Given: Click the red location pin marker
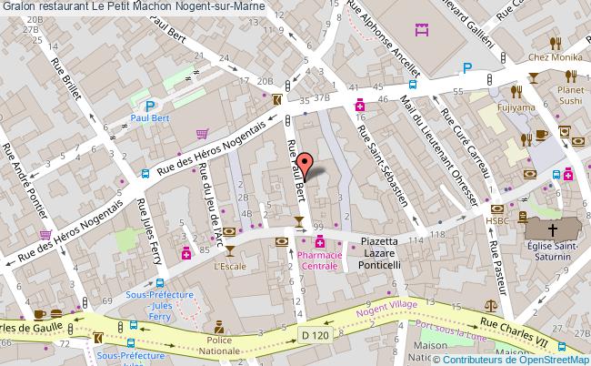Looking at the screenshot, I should point(306,164).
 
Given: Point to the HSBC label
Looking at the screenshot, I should point(496,219).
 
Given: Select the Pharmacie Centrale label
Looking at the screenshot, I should point(320,262).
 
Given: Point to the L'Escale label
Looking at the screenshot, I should point(231,266).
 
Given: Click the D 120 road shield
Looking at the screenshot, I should point(315,336).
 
